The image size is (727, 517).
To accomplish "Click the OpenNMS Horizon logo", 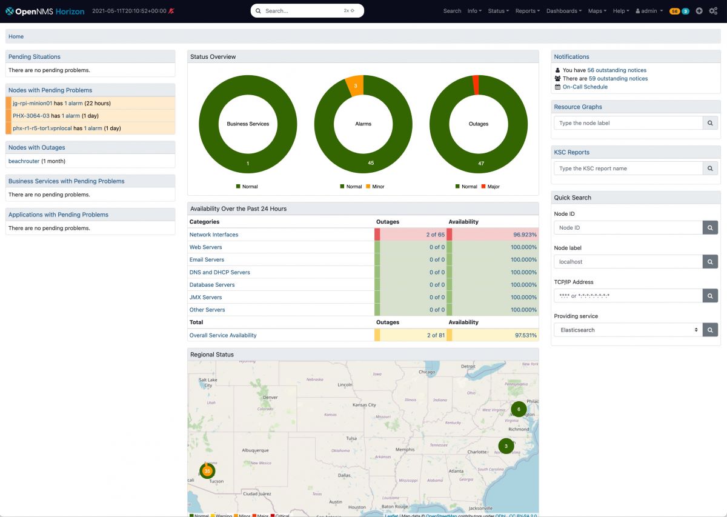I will [x=45, y=11].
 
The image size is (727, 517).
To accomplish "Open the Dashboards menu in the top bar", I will [x=563, y=11].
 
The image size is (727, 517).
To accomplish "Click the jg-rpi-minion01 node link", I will [x=33, y=103].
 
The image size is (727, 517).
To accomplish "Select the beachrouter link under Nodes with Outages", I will [x=24, y=161].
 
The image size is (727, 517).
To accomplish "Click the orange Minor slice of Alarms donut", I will [x=355, y=85].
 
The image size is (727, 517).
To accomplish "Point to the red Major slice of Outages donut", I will [x=476, y=85].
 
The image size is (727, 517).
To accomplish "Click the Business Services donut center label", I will [x=248, y=124].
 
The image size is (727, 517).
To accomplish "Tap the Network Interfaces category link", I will [x=214, y=235].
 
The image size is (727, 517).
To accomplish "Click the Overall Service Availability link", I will [x=223, y=335].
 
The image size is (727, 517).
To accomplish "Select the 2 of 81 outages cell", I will [x=412, y=335].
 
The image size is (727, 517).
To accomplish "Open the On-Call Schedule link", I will [x=585, y=87].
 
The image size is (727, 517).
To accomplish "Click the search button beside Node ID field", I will [x=710, y=228].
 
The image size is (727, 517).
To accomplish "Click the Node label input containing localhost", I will [x=628, y=262].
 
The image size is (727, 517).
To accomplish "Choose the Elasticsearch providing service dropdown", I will [x=628, y=330].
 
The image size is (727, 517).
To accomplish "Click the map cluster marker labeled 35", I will [x=207, y=471].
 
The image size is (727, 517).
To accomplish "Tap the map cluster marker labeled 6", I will [x=519, y=409].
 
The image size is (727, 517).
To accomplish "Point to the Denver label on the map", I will [x=270, y=398].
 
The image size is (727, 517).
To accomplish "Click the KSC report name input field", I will [x=628, y=168].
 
